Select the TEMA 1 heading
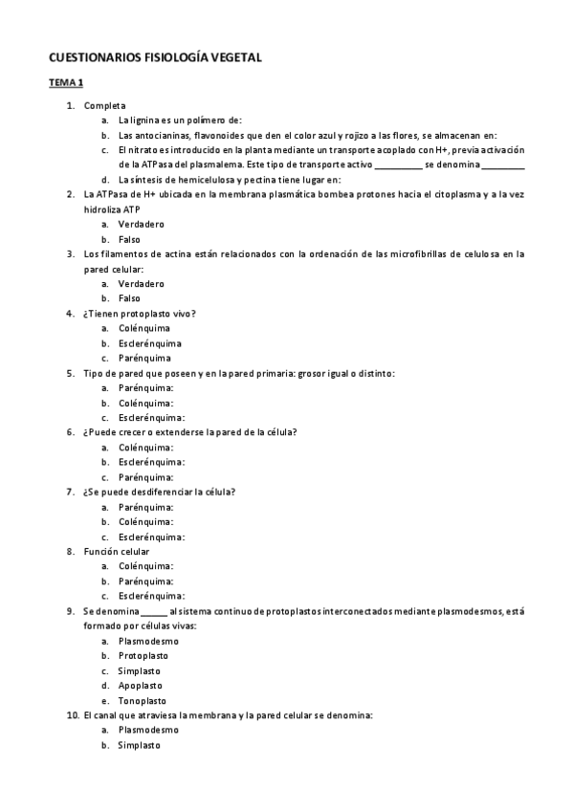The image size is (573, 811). pos(67,83)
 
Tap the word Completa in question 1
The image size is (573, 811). pos(104,105)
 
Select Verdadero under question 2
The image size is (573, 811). pos(141,224)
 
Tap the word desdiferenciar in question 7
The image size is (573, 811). pos(155,492)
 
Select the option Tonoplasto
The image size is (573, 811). pos(143,700)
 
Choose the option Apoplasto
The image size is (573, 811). pos(140,685)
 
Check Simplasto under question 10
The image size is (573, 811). pos(140,745)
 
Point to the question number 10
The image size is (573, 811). pos(73,714)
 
